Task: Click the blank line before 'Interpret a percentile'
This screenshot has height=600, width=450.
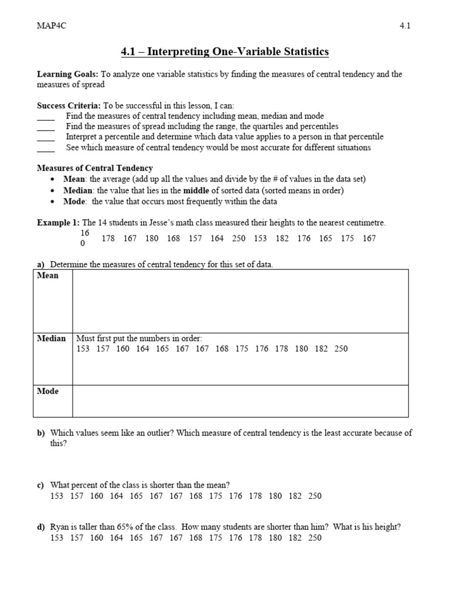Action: pyautogui.click(x=46, y=137)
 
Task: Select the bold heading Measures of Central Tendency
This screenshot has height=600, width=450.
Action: pyautogui.click(x=94, y=168)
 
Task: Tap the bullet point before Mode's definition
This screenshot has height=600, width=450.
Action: pyautogui.click(x=54, y=202)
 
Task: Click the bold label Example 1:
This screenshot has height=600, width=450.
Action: pyautogui.click(x=58, y=223)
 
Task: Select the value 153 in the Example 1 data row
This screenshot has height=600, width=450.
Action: pyautogui.click(x=260, y=238)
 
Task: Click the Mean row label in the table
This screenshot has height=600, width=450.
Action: pyautogui.click(x=48, y=275)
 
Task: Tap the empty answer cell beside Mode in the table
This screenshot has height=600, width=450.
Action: pyautogui.click(x=240, y=401)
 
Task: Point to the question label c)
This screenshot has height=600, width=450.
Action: pyautogui.click(x=41, y=485)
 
